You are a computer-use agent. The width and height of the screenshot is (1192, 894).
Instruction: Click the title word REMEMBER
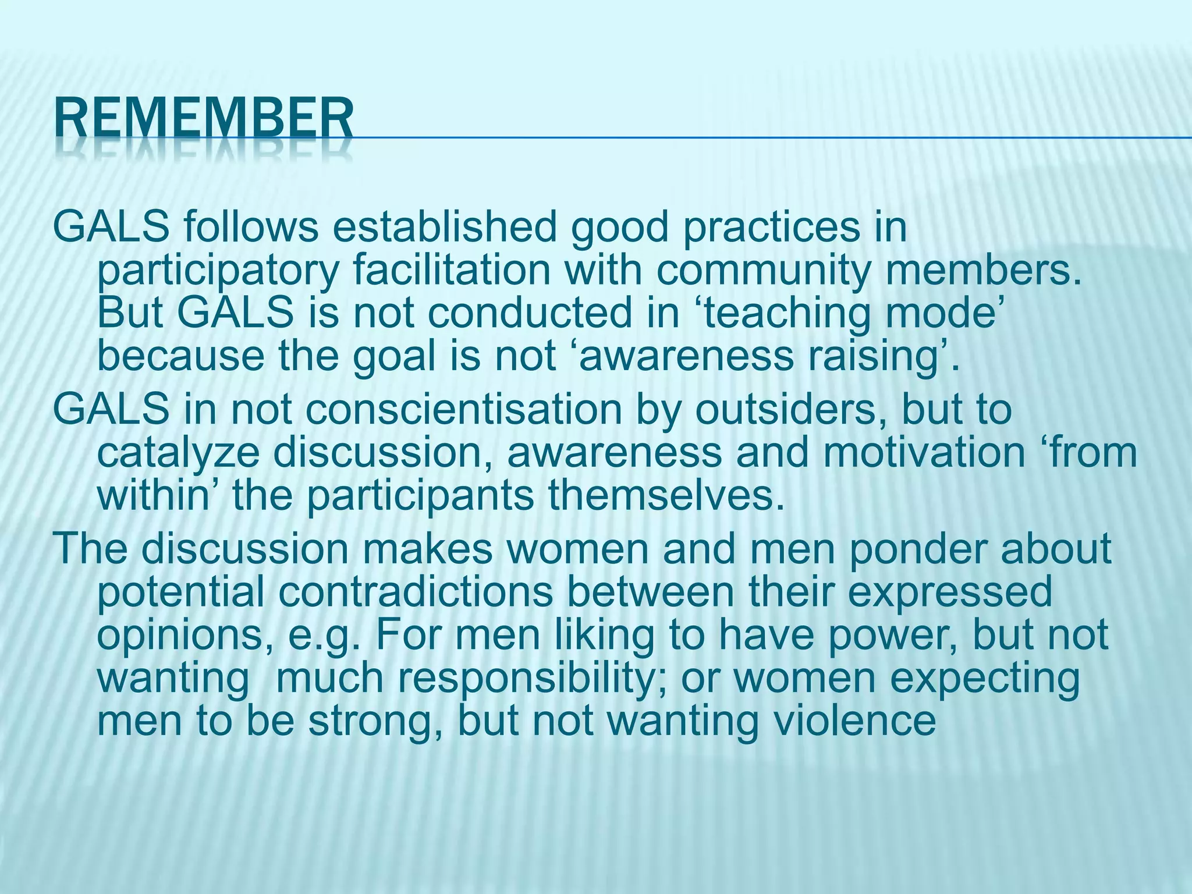204,119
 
